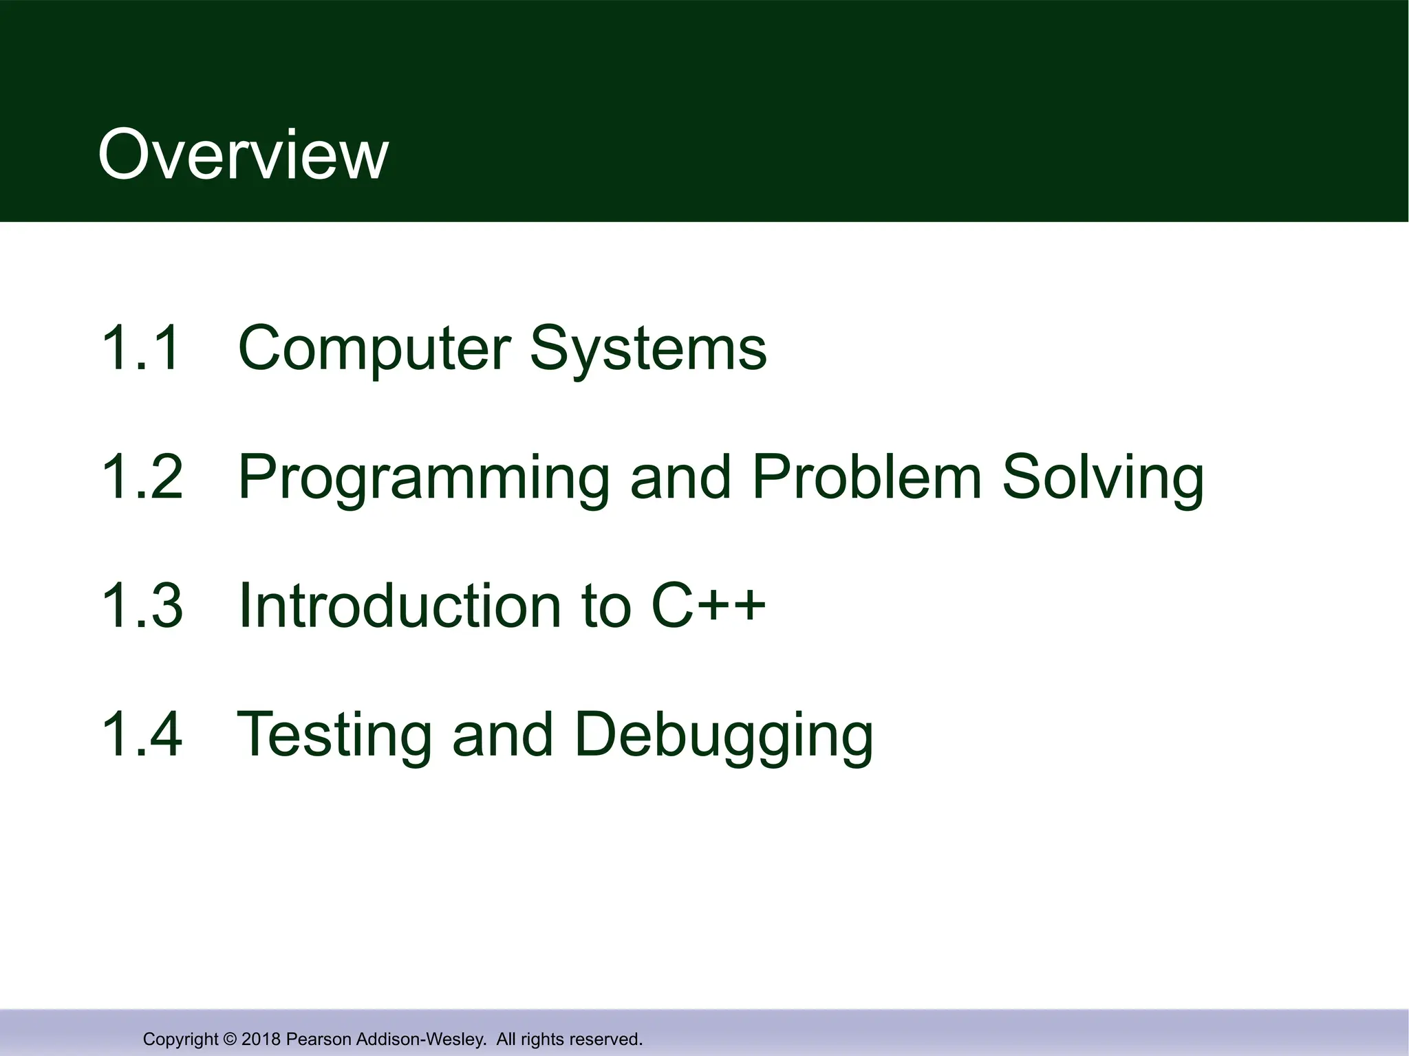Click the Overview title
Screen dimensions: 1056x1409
(243, 155)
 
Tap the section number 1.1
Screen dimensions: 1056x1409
(140, 348)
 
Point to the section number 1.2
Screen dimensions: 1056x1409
(142, 476)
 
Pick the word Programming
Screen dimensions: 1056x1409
(423, 478)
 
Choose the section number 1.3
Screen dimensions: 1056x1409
(142, 605)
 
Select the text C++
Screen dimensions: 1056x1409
(708, 605)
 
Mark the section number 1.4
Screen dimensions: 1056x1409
(142, 734)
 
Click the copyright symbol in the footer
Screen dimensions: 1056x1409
(230, 1039)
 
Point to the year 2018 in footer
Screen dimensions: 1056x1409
(261, 1039)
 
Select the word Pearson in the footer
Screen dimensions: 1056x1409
(314, 1039)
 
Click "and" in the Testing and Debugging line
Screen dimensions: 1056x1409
(502, 734)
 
